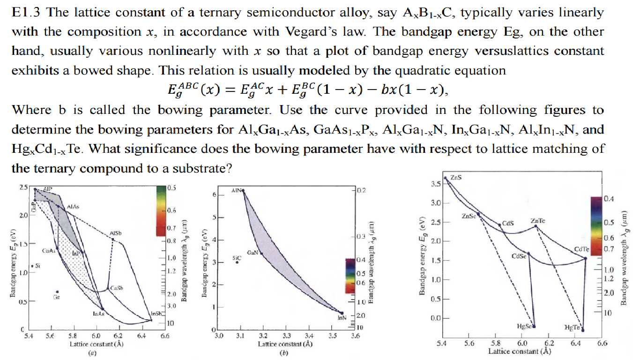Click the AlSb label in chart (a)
tap(116, 233)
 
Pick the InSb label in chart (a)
tap(156, 313)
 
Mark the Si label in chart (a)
tap(37, 266)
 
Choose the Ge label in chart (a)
tap(57, 297)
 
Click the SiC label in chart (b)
tap(237, 257)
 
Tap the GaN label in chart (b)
tap(253, 252)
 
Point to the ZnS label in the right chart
tap(456, 178)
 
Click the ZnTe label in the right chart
tap(537, 220)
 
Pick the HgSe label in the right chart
tap(523, 326)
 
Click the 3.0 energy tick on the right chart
tap(435, 203)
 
